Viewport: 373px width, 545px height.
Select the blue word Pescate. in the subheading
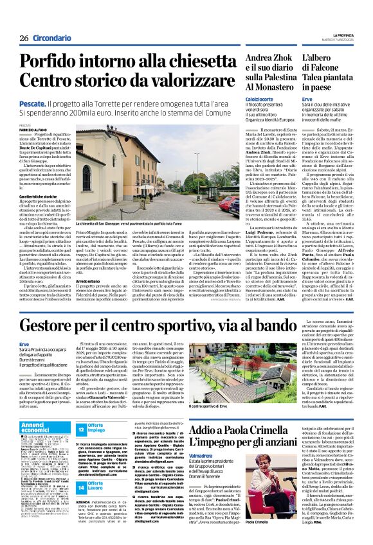pos(32,102)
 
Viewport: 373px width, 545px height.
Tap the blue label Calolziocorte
pos(262,98)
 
